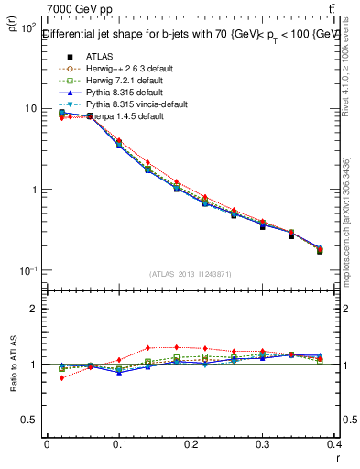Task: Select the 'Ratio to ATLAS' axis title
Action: click(12, 365)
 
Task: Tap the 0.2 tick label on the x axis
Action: click(190, 445)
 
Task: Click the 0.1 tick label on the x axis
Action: click(118, 445)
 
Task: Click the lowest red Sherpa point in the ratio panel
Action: click(61, 377)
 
